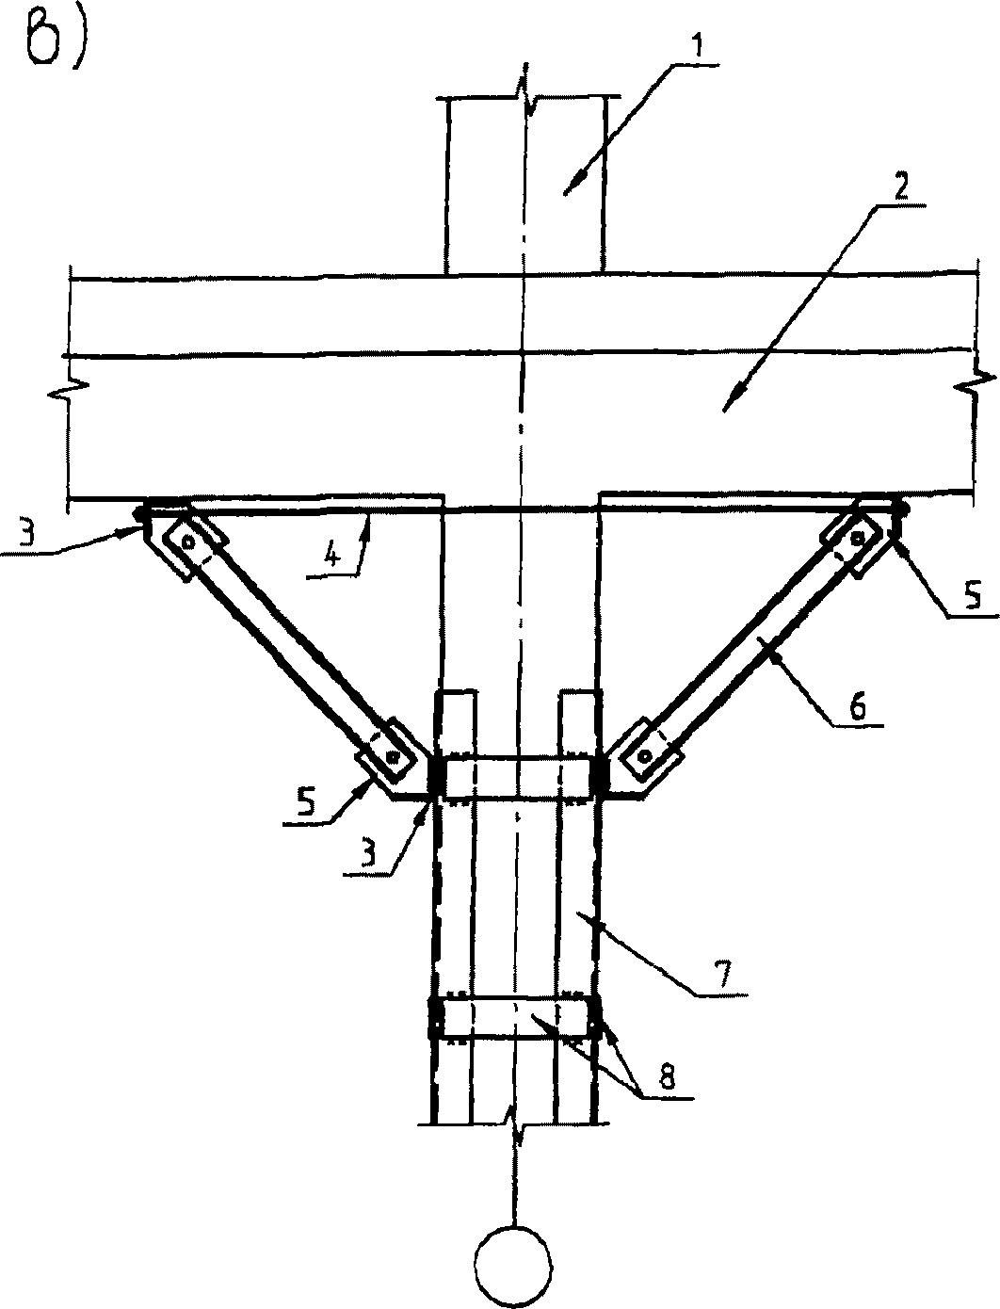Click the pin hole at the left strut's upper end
pos(189,542)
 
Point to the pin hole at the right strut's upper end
pos(858,538)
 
